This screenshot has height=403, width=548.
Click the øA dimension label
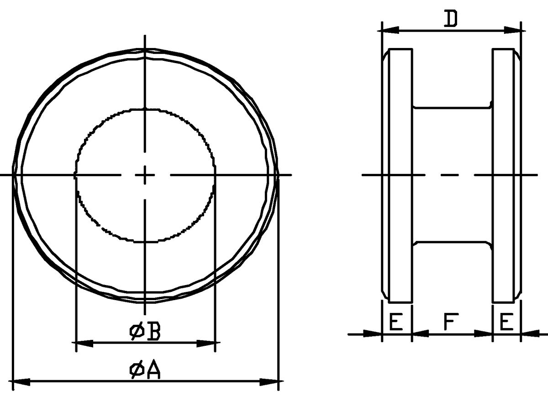point(145,369)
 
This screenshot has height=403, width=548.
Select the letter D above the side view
point(450,18)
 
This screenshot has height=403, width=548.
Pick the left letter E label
point(396,322)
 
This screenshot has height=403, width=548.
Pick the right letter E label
point(506,322)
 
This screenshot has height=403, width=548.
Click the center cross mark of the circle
point(145,175)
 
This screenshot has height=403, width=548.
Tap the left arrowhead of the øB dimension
point(83,344)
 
